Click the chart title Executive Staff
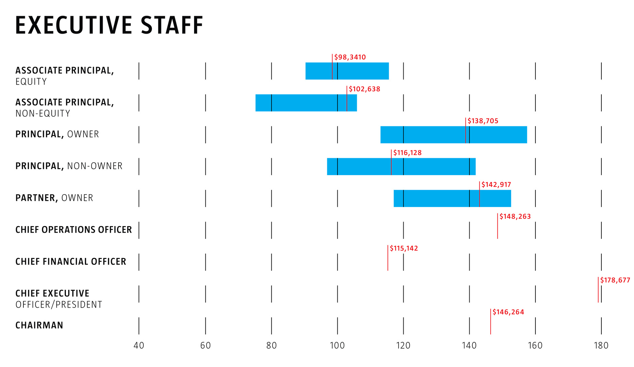[109, 25]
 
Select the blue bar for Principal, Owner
[453, 135]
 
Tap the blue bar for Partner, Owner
[452, 198]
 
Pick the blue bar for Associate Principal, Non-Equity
[306, 103]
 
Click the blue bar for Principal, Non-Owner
[401, 166]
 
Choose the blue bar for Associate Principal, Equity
[347, 71]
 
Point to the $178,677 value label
[615, 280]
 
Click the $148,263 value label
[515, 216]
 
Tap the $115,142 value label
[404, 248]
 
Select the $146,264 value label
[508, 312]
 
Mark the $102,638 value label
[364, 89]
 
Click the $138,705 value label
[483, 121]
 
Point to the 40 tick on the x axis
[139, 346]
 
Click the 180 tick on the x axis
[601, 346]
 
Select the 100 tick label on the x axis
[337, 346]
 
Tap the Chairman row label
[39, 325]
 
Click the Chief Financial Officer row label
[71, 261]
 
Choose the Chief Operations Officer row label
[73, 230]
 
